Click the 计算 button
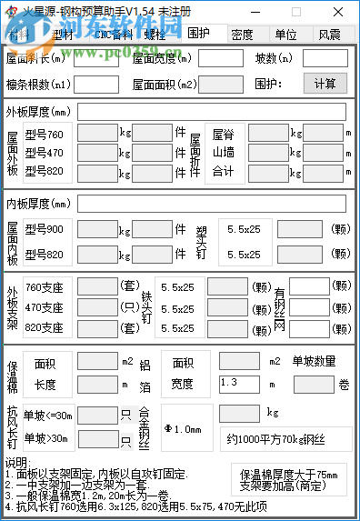click(x=325, y=84)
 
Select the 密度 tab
click(x=242, y=35)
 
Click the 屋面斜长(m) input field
click(x=96, y=59)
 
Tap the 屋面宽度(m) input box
click(x=220, y=59)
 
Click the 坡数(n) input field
click(x=331, y=59)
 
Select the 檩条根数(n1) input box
click(x=96, y=84)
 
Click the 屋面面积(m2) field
click(x=220, y=84)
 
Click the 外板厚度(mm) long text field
click(x=211, y=113)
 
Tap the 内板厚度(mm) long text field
click(x=211, y=203)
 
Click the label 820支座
click(x=45, y=327)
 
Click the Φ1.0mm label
click(x=182, y=428)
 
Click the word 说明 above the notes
click(x=18, y=463)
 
